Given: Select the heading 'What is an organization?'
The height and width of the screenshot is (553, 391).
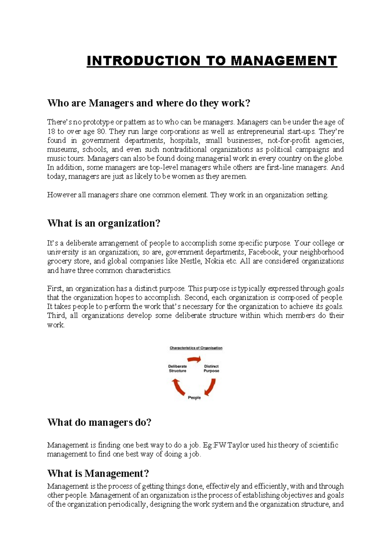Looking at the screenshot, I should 104,223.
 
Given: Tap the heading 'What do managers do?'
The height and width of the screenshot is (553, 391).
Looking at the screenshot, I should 99,422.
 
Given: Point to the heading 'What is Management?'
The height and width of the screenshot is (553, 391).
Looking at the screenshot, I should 98,473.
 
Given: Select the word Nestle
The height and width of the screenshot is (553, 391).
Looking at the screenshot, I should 190,261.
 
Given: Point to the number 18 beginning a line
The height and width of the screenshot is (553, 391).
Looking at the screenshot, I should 51,132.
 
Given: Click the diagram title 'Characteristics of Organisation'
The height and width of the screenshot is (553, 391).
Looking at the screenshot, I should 196,348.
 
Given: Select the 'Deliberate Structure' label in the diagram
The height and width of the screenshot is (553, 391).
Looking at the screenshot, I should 178,368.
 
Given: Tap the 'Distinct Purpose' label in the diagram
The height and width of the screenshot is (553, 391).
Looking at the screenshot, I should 211,368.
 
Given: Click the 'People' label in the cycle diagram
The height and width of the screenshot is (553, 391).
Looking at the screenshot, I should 194,398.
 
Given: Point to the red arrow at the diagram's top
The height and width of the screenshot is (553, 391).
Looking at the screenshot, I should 195,359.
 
